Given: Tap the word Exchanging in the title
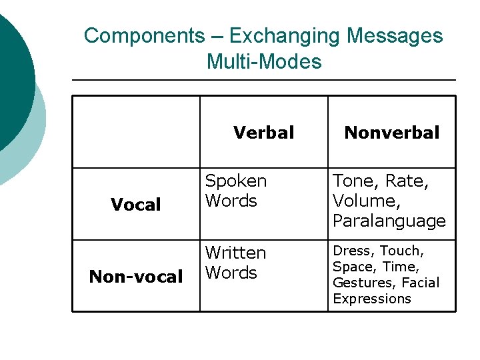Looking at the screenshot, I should pos(266,35).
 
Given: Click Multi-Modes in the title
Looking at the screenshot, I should pos(264,62).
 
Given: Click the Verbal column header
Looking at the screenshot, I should pos(264,133).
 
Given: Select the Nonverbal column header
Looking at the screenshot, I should pos(392,133).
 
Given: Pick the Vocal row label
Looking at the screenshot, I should pos(136,205).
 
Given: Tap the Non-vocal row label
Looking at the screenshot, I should pos(136,277).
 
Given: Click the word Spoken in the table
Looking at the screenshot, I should pos(236,181).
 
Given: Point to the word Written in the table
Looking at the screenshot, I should pos(236,253).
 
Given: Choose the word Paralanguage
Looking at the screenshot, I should pos(389,221).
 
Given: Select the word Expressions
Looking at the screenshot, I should pos(372,299).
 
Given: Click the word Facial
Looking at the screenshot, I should pos(421,283).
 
